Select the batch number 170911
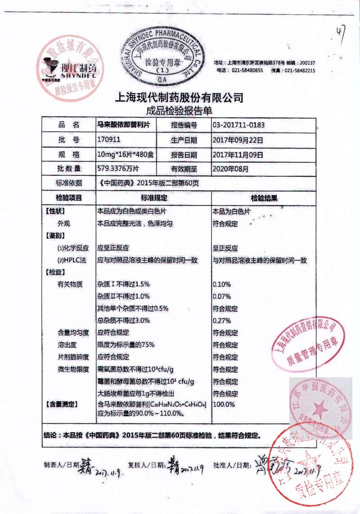click(x=108, y=140)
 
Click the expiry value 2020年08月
click(x=230, y=169)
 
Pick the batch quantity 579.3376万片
click(x=119, y=169)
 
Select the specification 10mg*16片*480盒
click(x=126, y=155)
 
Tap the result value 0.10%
click(x=221, y=284)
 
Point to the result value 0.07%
click(x=221, y=296)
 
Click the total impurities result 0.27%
click(x=221, y=321)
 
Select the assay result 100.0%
click(x=224, y=404)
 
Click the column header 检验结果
click(x=264, y=197)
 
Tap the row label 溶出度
click(x=67, y=345)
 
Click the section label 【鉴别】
click(x=56, y=236)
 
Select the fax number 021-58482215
click(x=299, y=71)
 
